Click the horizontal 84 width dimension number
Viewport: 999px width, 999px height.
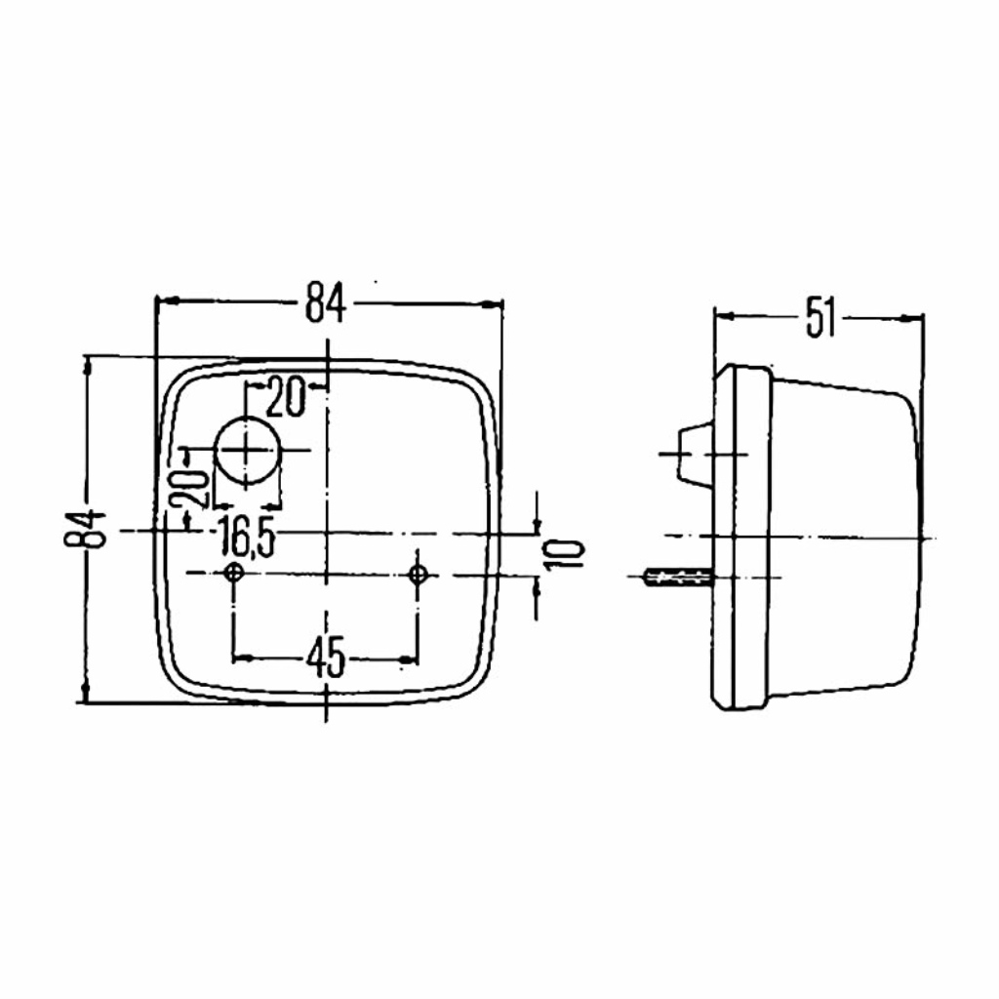coord(325,303)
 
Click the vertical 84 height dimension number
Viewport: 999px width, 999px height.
coord(85,529)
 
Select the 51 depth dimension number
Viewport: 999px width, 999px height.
coord(819,318)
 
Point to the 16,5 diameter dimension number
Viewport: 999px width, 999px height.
coord(246,538)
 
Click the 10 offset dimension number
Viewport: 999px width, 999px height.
coord(565,553)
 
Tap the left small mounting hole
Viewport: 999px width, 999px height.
coord(234,574)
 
